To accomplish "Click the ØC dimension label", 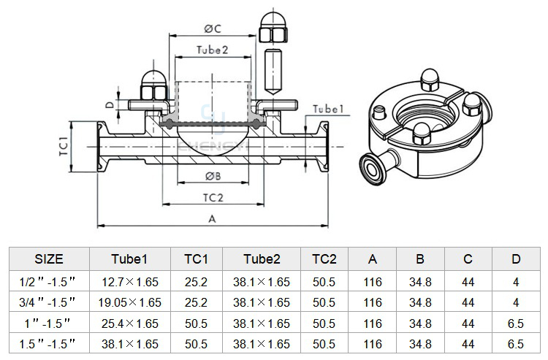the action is coord(213,28).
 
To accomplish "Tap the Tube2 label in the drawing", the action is coord(212,50).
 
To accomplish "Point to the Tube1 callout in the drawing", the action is coord(328,109).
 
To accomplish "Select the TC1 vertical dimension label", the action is coord(64,147).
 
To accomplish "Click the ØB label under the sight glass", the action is coord(213,176).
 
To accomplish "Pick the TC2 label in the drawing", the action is coord(213,198).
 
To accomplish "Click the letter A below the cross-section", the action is coord(212,219).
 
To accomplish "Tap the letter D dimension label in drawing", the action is coord(110,104).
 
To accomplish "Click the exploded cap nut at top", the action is coord(273,28).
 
